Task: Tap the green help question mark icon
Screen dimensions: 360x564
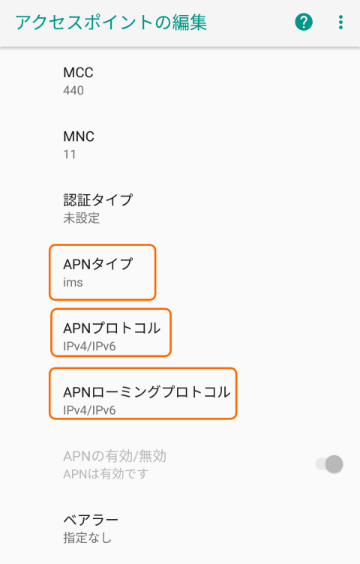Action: pyautogui.click(x=304, y=22)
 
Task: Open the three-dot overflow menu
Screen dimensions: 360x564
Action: pyautogui.click(x=340, y=22)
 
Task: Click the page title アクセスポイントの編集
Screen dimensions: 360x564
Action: pyautogui.click(x=111, y=22)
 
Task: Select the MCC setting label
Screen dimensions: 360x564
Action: pyautogui.click(x=78, y=73)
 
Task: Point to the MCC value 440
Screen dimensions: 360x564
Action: pyautogui.click(x=73, y=90)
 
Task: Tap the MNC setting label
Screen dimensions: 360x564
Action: pyautogui.click(x=79, y=136)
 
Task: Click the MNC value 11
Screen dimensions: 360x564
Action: pyautogui.click(x=70, y=154)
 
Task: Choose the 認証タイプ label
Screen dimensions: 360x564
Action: pyautogui.click(x=97, y=200)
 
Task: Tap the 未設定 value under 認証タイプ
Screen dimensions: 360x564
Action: pyautogui.click(x=81, y=218)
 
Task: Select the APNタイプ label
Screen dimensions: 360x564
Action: pyautogui.click(x=97, y=264)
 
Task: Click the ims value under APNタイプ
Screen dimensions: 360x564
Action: pyautogui.click(x=73, y=282)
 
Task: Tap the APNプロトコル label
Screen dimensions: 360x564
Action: pyautogui.click(x=112, y=328)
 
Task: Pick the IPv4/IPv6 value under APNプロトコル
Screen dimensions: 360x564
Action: pyautogui.click(x=89, y=346)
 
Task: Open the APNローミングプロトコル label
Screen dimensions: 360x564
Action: pyautogui.click(x=147, y=392)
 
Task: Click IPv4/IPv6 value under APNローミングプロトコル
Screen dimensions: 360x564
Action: pyautogui.click(x=89, y=410)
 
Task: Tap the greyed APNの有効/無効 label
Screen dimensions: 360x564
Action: pyautogui.click(x=115, y=456)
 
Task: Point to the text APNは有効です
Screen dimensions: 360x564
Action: pyautogui.click(x=106, y=474)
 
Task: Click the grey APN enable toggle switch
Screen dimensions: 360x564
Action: pyautogui.click(x=329, y=464)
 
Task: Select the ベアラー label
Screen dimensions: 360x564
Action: pyautogui.click(x=91, y=520)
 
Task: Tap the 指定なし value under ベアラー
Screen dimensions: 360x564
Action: pyautogui.click(x=88, y=538)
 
